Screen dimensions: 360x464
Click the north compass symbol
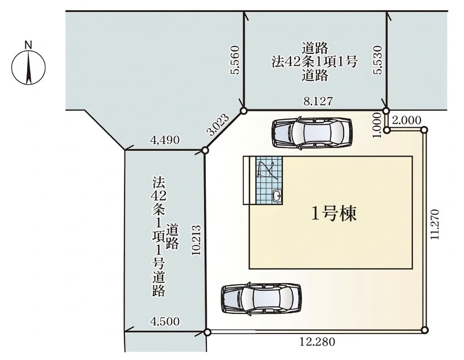pos(28,64)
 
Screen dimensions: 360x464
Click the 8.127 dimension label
pos(318,100)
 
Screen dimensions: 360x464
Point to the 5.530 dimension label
pos(378,61)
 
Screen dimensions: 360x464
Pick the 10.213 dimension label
pos(196,240)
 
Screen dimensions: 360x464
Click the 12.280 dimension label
pos(316,342)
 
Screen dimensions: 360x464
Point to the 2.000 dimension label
pos(406,120)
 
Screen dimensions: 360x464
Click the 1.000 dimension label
pos(377,125)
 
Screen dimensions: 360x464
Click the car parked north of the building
pos(312,132)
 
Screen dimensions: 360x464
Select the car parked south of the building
pos(261,298)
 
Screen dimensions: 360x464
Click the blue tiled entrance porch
pos(270,180)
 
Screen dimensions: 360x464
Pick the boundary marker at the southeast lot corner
pos(425,330)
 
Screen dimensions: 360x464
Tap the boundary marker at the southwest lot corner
pos(207,332)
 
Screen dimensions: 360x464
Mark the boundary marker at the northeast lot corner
pos(424,130)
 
